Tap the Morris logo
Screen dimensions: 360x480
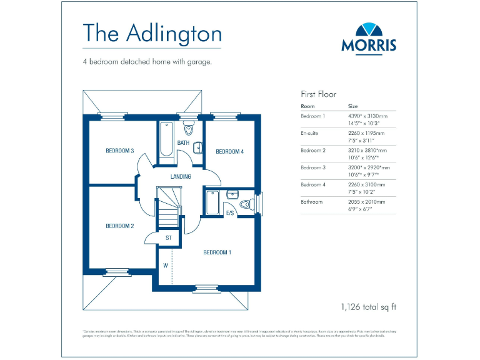point(368,38)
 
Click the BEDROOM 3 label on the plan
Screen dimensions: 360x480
point(119,151)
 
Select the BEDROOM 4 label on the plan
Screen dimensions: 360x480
point(229,152)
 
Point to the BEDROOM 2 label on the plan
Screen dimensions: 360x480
point(119,226)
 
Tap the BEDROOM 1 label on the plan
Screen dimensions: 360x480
point(217,252)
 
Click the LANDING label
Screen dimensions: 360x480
point(181,177)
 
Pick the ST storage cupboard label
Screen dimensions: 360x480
point(169,238)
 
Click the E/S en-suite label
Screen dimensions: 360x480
point(230,214)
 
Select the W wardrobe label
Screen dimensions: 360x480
point(166,264)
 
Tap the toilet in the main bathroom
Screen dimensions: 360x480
point(189,130)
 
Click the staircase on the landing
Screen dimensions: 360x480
point(169,209)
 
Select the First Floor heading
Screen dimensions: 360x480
point(319,94)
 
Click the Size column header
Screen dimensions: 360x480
point(353,106)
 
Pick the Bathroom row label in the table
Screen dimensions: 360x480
point(312,202)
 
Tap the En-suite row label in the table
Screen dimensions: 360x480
point(310,133)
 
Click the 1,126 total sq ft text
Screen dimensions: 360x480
point(369,307)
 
